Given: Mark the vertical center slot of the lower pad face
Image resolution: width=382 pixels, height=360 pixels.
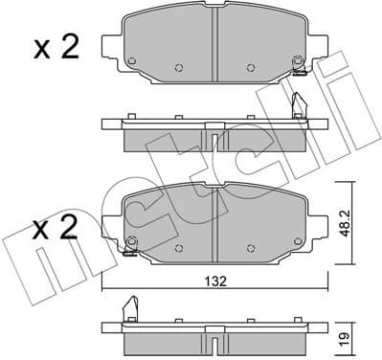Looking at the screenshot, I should click(x=215, y=214).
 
